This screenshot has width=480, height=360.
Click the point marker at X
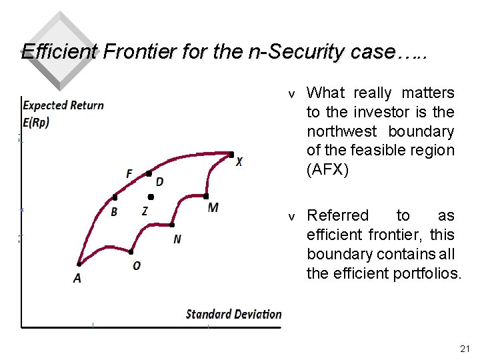[231, 155]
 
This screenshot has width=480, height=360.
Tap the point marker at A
[79, 264]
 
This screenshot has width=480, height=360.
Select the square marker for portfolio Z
[151, 197]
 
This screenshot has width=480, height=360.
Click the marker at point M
[207, 197]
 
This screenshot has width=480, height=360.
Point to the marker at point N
[172, 225]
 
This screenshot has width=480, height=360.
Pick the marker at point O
[131, 253]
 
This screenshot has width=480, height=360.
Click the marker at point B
[115, 197]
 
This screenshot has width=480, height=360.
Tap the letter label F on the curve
[129, 174]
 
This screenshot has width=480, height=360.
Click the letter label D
[159, 182]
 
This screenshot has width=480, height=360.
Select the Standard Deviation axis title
[233, 314]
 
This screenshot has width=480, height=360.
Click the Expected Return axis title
[63, 105]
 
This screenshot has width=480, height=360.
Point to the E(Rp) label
[36, 123]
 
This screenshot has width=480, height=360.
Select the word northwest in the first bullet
[341, 131]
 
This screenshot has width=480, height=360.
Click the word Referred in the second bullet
[337, 215]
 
